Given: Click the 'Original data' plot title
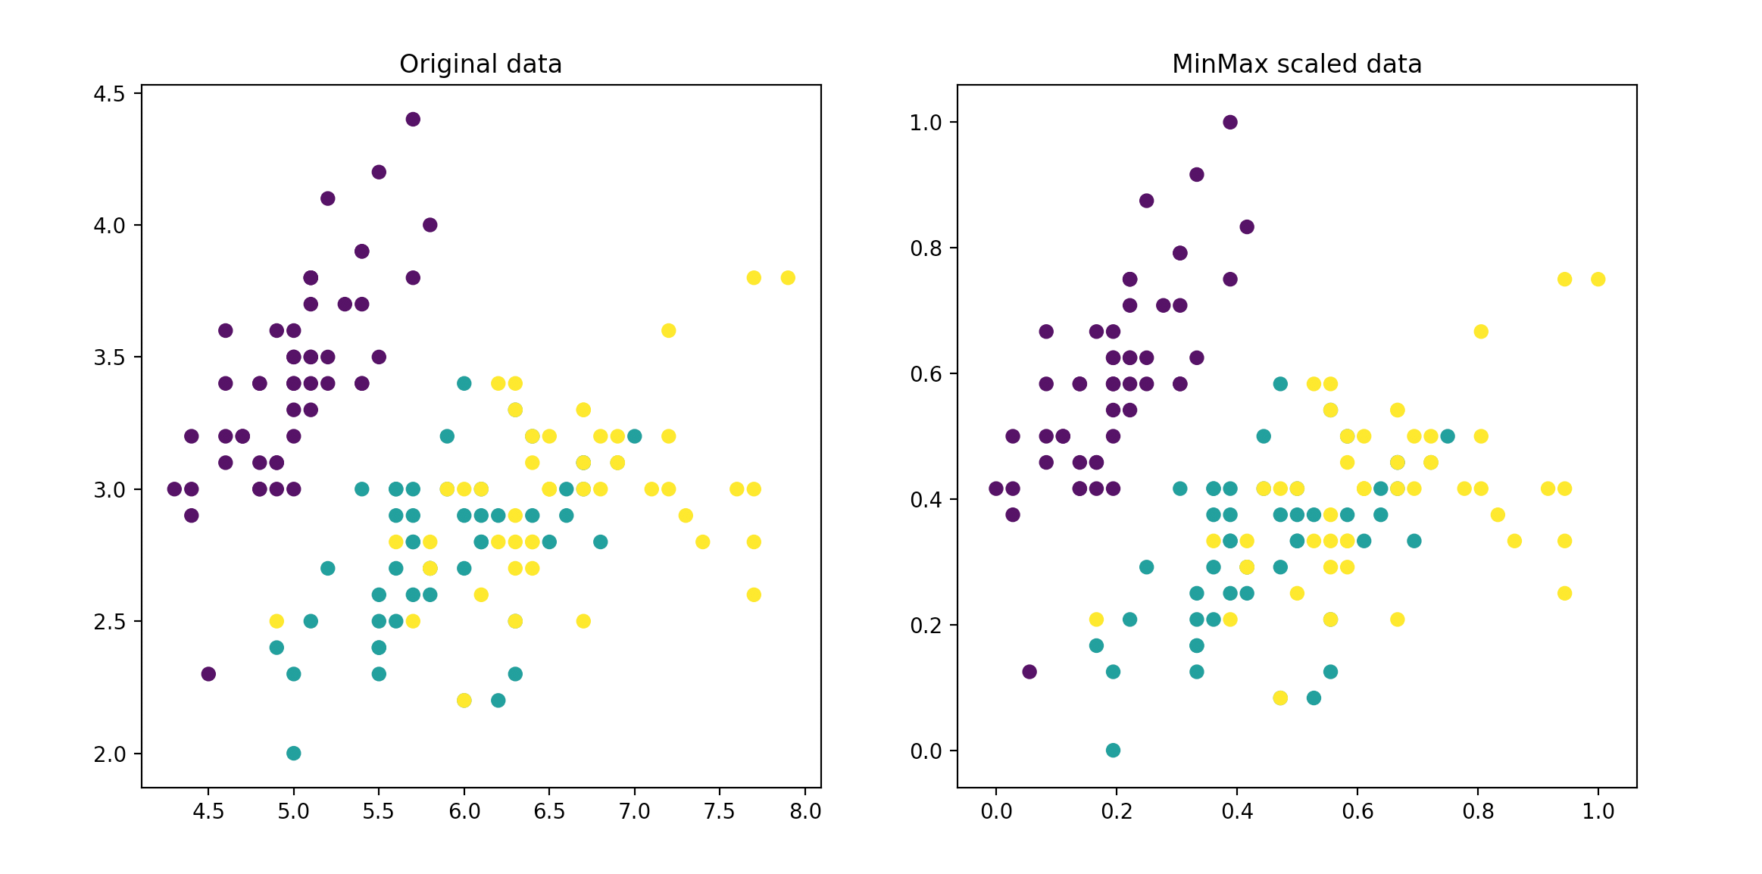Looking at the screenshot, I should (480, 64).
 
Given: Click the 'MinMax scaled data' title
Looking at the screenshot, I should (1296, 64).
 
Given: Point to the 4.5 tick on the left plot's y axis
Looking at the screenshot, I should (110, 93).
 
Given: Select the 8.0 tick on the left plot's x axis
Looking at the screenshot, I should (804, 811).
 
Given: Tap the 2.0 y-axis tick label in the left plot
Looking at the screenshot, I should (110, 754).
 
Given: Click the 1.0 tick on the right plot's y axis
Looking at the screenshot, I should (926, 123).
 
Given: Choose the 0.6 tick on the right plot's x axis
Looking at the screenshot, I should (1357, 811).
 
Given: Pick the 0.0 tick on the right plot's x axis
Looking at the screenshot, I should (996, 811).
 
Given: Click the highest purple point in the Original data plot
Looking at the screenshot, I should (413, 119).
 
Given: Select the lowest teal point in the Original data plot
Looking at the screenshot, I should (294, 753).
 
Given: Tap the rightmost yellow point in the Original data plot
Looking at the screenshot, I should (788, 278).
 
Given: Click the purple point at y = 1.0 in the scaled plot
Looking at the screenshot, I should (1230, 122).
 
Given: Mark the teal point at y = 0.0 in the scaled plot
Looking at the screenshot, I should (1113, 750).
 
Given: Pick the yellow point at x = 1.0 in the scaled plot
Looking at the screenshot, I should (1598, 279).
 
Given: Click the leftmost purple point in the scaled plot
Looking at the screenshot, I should (996, 489).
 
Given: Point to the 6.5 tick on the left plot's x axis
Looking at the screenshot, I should (549, 811).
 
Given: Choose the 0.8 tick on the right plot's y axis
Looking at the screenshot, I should (926, 248).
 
